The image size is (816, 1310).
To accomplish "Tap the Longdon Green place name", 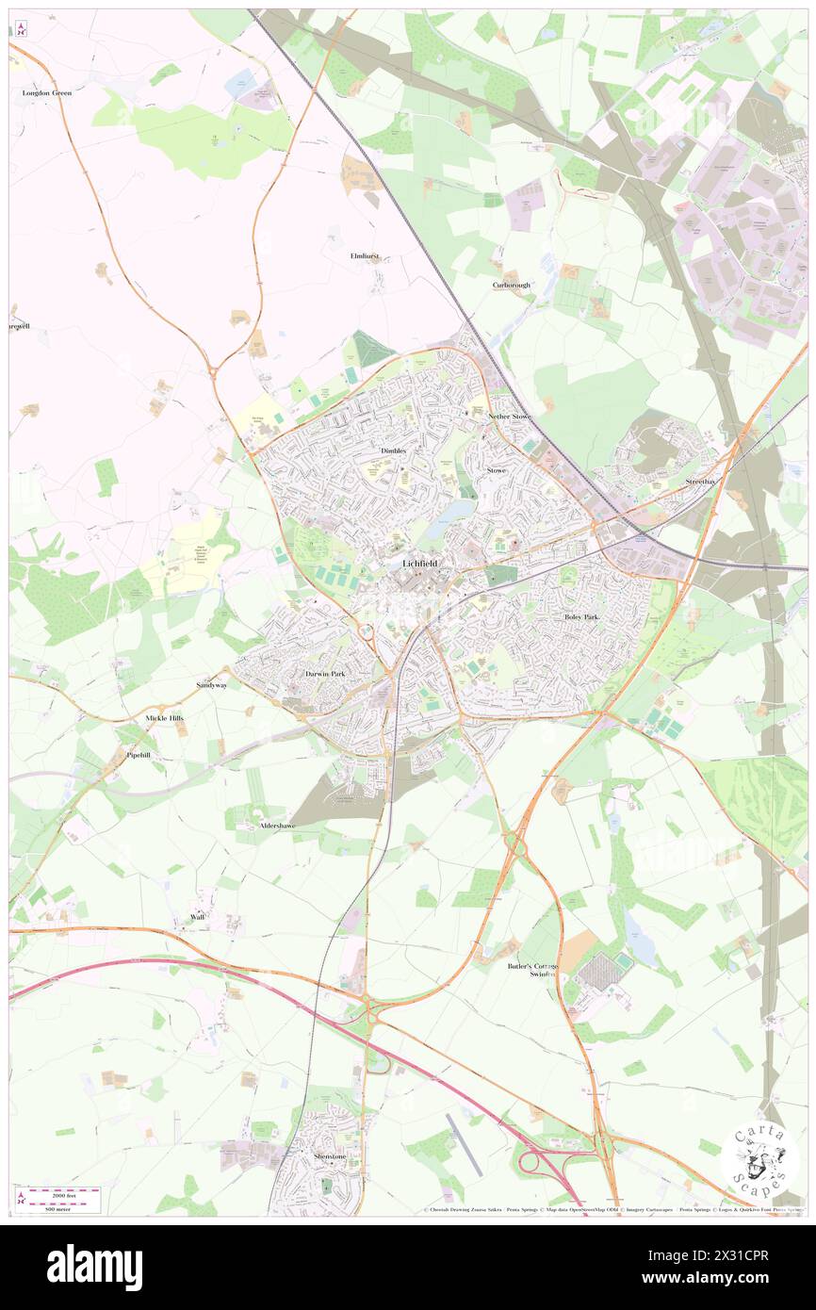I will (47, 93).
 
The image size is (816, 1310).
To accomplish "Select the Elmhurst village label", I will (364, 256).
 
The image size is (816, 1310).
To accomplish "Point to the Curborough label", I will (512, 285).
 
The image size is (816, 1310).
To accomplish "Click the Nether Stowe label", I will (510, 416).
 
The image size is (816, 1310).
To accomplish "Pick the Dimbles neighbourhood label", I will (393, 450).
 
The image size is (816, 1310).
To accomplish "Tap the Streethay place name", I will (700, 482).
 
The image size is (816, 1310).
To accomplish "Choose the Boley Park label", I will (581, 616).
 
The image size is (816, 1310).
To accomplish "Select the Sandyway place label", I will (211, 685).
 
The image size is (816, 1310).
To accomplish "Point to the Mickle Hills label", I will (165, 718).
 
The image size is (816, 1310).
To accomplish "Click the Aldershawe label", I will (278, 826).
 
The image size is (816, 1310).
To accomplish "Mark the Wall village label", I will (197, 916).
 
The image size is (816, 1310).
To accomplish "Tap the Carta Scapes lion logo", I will (759, 1159).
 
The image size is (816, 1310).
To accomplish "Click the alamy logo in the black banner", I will (94, 1267).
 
